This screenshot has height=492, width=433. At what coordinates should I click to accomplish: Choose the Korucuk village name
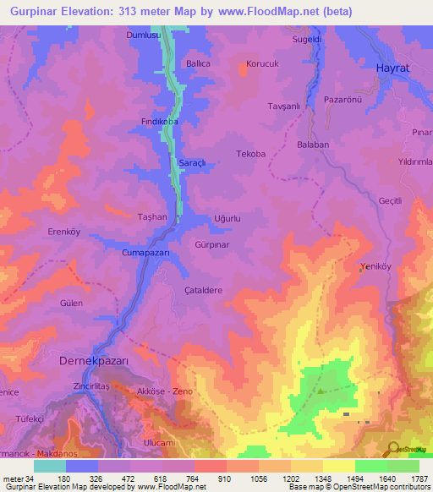pos(262,63)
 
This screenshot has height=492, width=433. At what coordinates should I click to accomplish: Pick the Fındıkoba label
pos(159,122)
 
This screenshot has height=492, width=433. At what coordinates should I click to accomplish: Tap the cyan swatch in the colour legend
pos(49,466)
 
